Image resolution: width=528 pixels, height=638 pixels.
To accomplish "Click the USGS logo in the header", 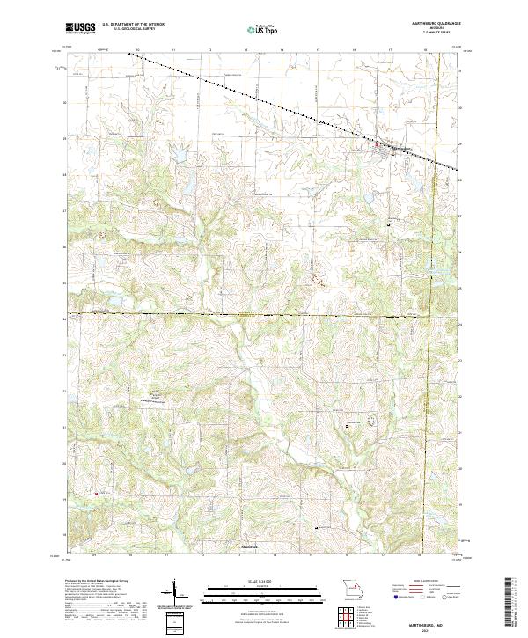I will [80, 29].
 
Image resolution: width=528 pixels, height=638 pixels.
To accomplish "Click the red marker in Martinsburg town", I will [379, 144].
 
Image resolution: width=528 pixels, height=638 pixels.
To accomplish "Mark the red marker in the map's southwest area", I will [96, 493].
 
